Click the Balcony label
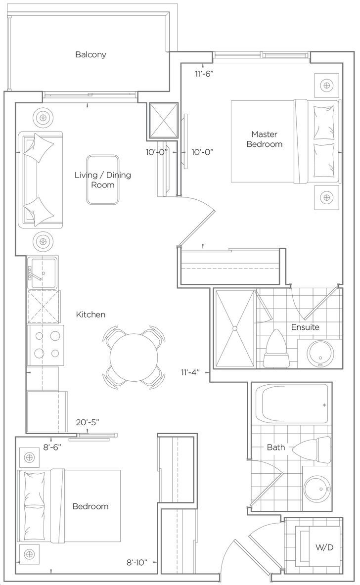(x=90, y=54)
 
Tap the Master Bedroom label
(x=264, y=139)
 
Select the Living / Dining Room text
(x=102, y=180)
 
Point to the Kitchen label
(x=90, y=315)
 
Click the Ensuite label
(x=305, y=327)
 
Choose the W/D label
(x=324, y=547)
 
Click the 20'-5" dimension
(x=88, y=422)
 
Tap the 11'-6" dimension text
(x=203, y=74)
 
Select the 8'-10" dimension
(x=136, y=562)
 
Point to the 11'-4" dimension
(x=190, y=372)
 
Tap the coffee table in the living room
(x=103, y=180)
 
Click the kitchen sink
(x=44, y=273)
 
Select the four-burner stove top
(x=45, y=344)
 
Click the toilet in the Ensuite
(x=276, y=349)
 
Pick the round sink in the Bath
(x=316, y=488)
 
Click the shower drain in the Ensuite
(x=235, y=329)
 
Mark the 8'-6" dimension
(x=52, y=448)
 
